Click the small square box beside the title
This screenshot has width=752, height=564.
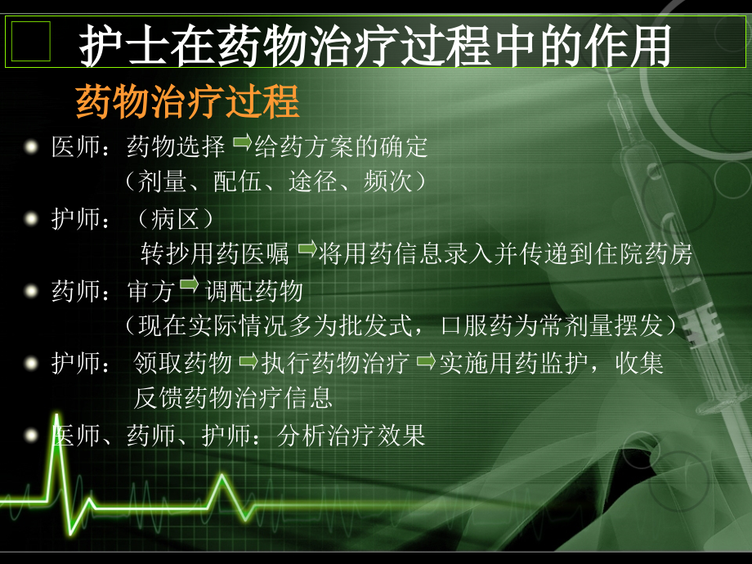tap(31, 43)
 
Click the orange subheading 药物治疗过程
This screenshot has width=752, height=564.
tap(188, 104)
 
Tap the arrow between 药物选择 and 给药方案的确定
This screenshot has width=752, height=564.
tap(243, 144)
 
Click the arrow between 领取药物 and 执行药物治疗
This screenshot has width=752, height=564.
tap(248, 360)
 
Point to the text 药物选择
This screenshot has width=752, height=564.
tap(176, 148)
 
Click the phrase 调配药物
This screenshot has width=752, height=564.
tap(254, 291)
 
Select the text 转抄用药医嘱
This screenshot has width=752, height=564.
tap(216, 254)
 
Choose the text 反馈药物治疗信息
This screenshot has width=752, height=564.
tap(233, 398)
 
